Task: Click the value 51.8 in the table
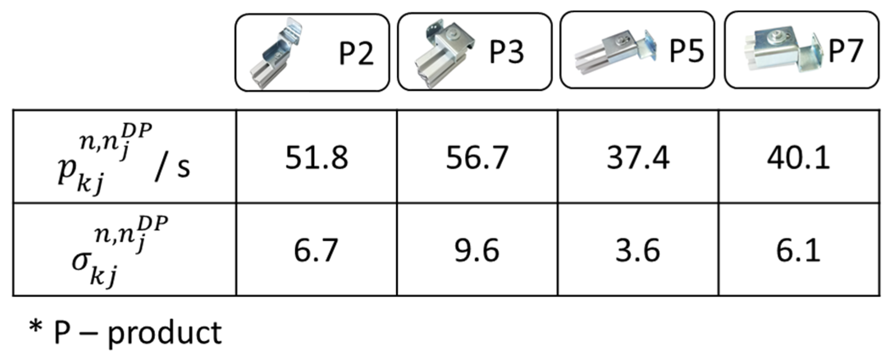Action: pos(317,158)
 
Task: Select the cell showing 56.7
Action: pos(477,158)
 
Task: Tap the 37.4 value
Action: pos(638,158)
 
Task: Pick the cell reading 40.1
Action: pos(799,158)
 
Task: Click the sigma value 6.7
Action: pos(316,250)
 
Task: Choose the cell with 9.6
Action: pos(477,250)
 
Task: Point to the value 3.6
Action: pos(638,250)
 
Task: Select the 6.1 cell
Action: pos(798,250)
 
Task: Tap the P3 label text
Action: pos(507,52)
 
